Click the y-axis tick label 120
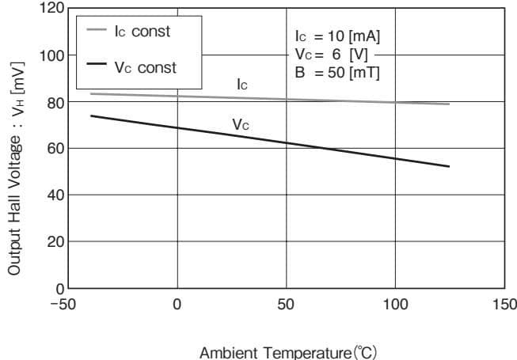tap(51, 9)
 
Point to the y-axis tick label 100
tap(51, 55)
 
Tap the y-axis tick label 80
tap(55, 102)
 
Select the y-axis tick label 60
tap(55, 149)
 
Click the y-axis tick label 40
tap(55, 195)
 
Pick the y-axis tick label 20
tap(55, 241)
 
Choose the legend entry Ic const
tap(143, 32)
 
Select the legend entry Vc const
tap(146, 67)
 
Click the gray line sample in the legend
tap(96, 31)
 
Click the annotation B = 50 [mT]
tap(336, 73)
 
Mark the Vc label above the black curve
tap(241, 124)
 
